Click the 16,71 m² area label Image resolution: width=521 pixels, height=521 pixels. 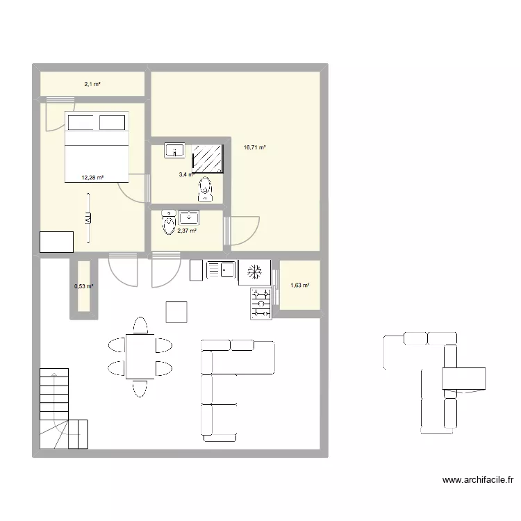coord(255,147)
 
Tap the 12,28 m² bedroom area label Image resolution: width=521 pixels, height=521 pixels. coord(92,178)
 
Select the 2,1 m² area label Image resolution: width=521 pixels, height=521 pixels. coord(92,84)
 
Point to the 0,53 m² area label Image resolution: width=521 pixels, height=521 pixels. coord(83,286)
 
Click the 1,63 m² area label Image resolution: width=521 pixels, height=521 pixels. coord(300,285)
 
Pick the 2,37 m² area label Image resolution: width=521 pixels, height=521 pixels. coord(187,231)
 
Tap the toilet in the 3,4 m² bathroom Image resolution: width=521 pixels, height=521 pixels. coord(204,188)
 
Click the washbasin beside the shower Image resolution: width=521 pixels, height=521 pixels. coord(174,149)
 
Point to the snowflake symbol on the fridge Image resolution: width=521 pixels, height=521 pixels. coord(255,271)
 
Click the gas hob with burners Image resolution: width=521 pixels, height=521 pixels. coord(261,303)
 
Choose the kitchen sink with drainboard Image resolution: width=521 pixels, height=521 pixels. coord(220,270)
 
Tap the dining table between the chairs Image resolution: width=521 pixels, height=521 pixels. coord(140,356)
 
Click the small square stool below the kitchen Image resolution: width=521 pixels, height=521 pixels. coord(176,312)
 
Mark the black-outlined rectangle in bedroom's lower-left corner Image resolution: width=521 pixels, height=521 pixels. coord(57,241)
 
